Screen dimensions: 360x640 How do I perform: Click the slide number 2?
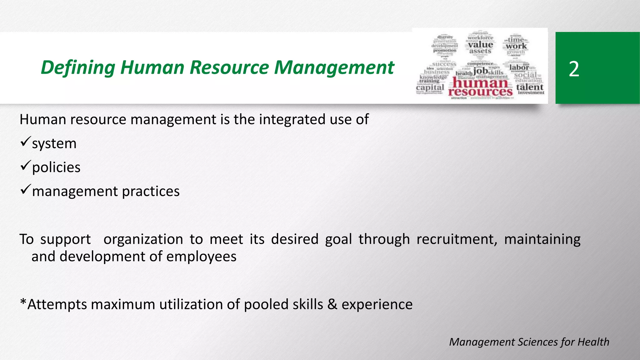click(574, 69)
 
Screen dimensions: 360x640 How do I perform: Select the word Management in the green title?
click(334, 67)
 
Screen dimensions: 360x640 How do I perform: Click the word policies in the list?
click(56, 167)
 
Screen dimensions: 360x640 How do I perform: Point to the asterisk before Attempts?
click(23, 302)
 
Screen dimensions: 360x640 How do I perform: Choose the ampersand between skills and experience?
click(332, 304)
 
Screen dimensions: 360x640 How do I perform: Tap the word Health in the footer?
click(593, 342)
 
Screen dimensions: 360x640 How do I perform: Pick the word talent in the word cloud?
click(530, 87)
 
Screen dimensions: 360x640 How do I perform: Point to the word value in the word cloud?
click(480, 45)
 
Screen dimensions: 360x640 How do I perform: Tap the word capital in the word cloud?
click(430, 87)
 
